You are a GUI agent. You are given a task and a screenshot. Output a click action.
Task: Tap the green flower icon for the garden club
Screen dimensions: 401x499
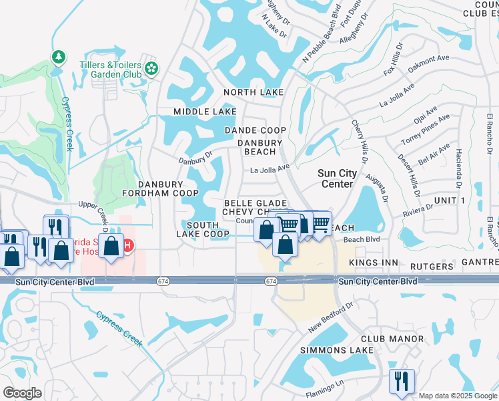pos(152,68)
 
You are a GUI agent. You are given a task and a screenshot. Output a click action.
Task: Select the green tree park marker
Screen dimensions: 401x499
pos(59,57)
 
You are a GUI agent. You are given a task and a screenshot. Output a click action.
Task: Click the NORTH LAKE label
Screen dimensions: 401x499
pos(254,92)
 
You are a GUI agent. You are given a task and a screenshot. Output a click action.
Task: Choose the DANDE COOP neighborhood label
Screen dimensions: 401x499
pos(256,130)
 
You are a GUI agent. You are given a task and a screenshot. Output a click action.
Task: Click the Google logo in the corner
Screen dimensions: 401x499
pos(22,393)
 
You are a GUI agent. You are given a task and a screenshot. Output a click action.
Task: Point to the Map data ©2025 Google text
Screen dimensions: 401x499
pos(457,396)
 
